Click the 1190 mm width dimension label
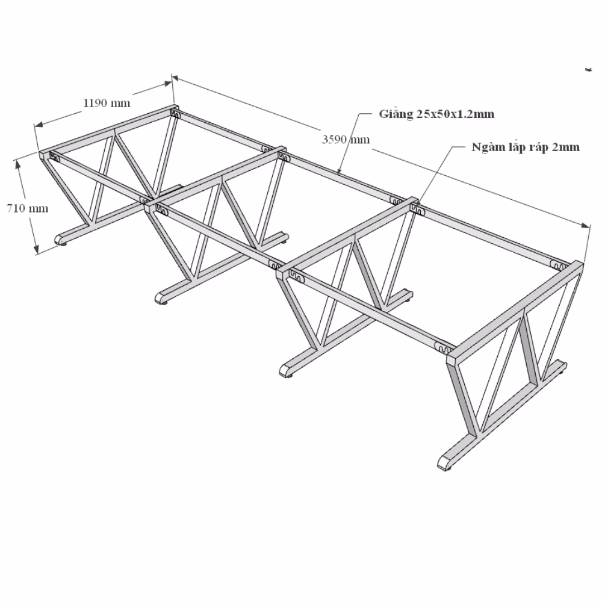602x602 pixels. pos(107,103)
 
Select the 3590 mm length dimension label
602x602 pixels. pos(346,139)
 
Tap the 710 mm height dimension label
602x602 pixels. pos(28,208)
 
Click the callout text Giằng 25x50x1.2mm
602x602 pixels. pos(436,114)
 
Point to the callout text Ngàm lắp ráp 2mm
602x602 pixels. pos(526,147)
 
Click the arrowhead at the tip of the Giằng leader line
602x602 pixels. pos(338,172)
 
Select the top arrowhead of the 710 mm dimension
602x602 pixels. pos(17,164)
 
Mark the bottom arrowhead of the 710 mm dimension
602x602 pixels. pos(36,250)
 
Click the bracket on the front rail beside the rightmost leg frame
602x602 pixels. pos(442,347)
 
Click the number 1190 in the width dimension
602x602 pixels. pos(96,103)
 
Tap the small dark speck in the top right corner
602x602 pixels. pos(588,70)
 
